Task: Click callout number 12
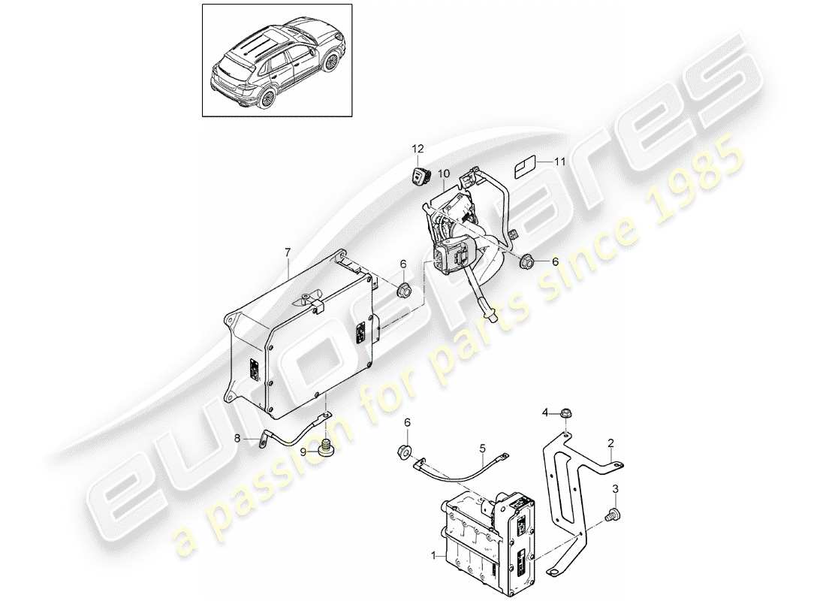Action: [x=417, y=149]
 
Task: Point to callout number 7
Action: [x=288, y=253]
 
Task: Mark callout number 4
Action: [x=546, y=412]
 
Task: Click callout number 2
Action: [x=611, y=442]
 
